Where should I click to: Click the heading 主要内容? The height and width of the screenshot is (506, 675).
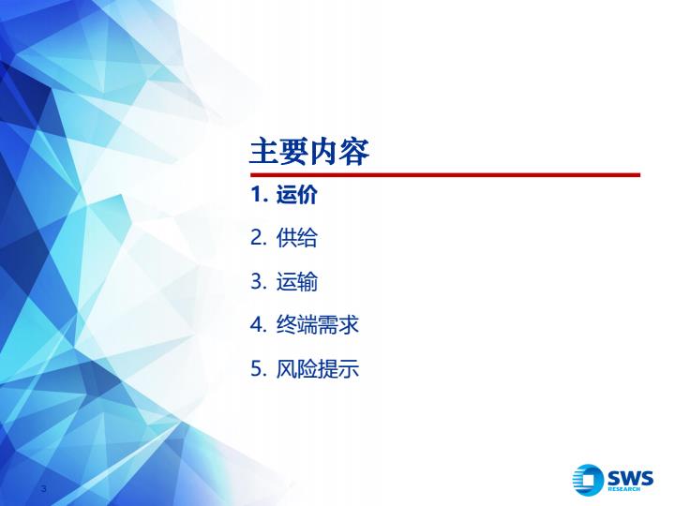point(309,152)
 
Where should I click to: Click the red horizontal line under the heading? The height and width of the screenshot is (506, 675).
point(445,174)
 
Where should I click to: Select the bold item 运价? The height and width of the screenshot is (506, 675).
point(297,195)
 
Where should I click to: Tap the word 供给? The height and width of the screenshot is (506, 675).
point(297,238)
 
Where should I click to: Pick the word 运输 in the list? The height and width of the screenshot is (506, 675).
point(297,282)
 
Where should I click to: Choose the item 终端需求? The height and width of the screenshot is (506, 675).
point(317,325)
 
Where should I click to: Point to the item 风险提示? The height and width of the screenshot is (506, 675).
point(317,369)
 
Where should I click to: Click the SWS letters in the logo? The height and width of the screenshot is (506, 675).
point(630,478)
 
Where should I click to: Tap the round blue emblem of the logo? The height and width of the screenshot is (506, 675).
point(588,480)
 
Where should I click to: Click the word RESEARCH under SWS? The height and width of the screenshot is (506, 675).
point(623,489)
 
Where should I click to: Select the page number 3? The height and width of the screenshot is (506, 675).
point(43,488)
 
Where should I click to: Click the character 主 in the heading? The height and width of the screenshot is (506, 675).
point(263,152)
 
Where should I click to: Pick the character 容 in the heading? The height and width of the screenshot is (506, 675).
point(354,152)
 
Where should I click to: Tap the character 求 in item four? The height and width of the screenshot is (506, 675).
point(349,325)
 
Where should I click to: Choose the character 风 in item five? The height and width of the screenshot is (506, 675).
point(286,369)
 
